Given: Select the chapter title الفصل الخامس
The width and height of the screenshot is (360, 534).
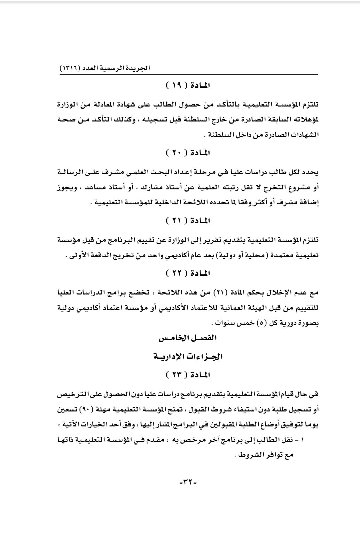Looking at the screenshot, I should click(188, 338).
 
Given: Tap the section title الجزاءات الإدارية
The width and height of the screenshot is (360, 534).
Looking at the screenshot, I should click(188, 356).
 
